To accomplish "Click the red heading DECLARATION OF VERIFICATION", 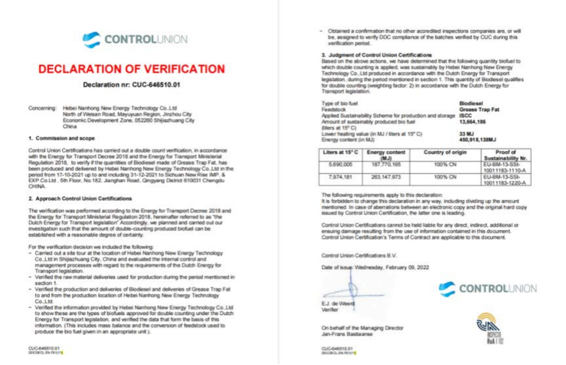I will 131,69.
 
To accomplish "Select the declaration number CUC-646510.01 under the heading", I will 131,85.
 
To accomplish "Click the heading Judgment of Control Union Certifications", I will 376,55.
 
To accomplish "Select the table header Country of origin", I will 439,152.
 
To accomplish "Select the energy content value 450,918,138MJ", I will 476,139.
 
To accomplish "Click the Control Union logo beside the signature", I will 488,289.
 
